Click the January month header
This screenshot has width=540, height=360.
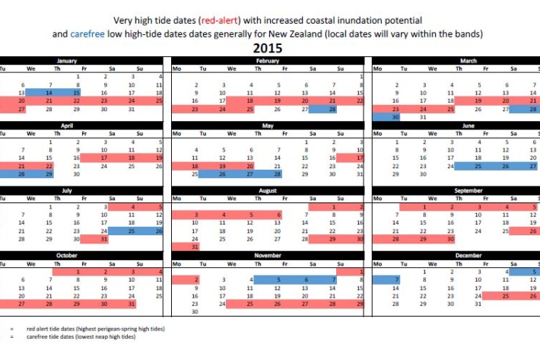coord(67,60)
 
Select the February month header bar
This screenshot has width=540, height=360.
coord(267,60)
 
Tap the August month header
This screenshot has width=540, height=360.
coord(267,190)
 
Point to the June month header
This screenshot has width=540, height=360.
coord(469,125)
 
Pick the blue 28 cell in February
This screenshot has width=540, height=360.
coord(333,109)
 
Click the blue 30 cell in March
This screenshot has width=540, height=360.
coord(386,117)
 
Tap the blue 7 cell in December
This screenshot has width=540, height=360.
coord(386,280)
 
